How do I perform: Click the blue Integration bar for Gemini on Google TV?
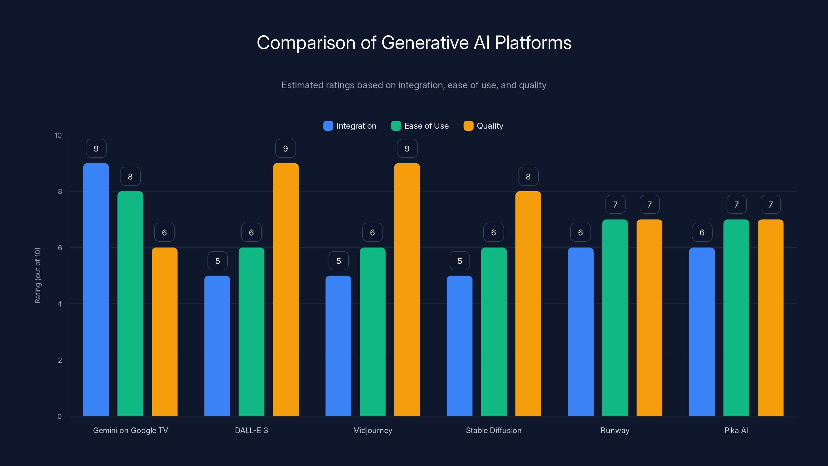click(96, 289)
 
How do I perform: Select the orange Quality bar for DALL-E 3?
click(285, 289)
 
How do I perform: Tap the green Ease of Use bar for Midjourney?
click(373, 331)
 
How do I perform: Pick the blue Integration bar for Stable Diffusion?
click(459, 346)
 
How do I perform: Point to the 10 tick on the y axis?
click(58, 135)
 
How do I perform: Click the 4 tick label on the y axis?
click(60, 304)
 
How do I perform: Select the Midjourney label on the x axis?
click(373, 430)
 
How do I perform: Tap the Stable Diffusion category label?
click(493, 430)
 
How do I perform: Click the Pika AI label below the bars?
click(736, 430)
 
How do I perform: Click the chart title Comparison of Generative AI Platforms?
click(414, 42)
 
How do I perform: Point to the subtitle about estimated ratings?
click(414, 85)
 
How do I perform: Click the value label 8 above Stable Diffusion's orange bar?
click(528, 176)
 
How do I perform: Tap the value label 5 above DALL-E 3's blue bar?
click(217, 261)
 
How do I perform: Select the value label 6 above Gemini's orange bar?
click(164, 232)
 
